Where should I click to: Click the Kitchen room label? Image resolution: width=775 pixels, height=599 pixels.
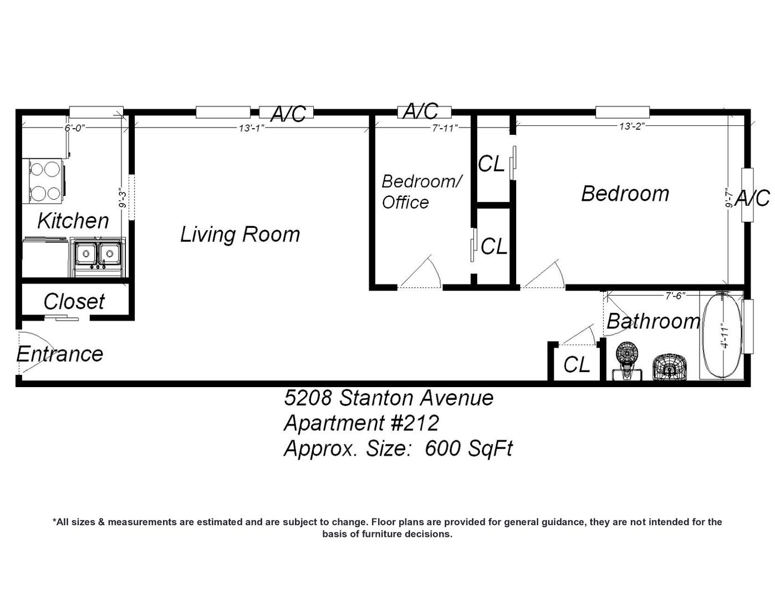click(x=73, y=221)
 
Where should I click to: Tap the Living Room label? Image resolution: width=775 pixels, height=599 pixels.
click(x=240, y=235)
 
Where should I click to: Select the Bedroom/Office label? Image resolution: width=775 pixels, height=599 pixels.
click(x=421, y=191)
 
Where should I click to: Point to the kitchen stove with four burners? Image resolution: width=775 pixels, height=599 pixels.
click(x=44, y=181)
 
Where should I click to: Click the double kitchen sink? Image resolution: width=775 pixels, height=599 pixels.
click(x=98, y=255)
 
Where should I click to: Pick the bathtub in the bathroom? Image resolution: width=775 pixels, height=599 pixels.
click(x=722, y=334)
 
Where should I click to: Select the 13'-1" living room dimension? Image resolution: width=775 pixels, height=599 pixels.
click(x=252, y=128)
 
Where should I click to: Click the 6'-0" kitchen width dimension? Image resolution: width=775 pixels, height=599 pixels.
click(x=75, y=128)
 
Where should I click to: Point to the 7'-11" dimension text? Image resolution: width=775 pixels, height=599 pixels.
click(x=445, y=128)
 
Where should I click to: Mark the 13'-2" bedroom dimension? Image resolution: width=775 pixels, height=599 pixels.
click(x=632, y=126)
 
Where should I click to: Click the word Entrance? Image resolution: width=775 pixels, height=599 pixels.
click(x=59, y=354)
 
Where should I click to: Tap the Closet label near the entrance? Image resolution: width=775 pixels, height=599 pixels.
click(x=74, y=302)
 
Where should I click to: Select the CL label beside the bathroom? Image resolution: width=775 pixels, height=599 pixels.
click(x=577, y=365)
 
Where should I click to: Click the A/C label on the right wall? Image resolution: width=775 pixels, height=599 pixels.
click(x=752, y=199)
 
